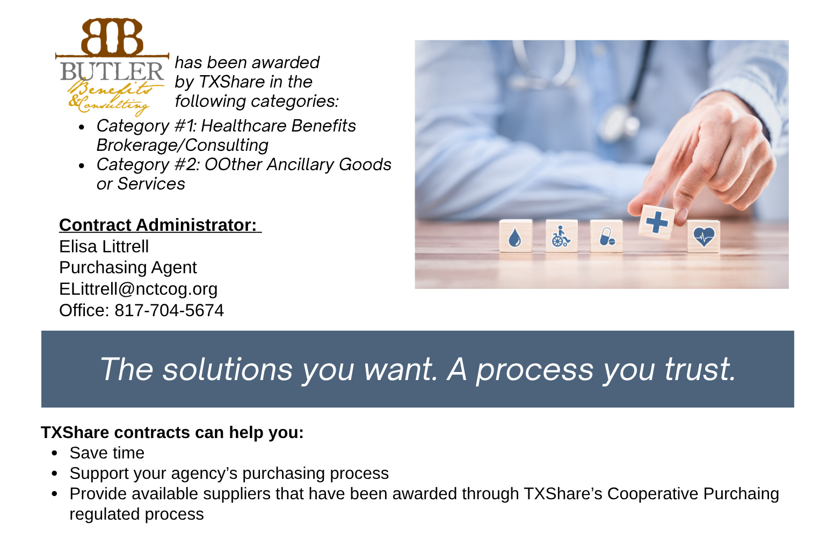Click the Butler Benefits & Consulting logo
[112, 67]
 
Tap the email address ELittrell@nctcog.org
[138, 289]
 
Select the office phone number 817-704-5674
[169, 310]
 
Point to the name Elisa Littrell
[104, 246]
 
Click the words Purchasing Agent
[128, 267]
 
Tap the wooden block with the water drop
[515, 236]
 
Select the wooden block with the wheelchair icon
[561, 236]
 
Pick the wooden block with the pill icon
[606, 236]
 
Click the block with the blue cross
[657, 221]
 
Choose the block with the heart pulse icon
[703, 236]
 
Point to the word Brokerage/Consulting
[182, 145]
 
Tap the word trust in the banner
[699, 369]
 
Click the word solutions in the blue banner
[228, 369]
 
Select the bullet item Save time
[107, 453]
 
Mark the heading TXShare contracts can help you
[172, 433]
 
